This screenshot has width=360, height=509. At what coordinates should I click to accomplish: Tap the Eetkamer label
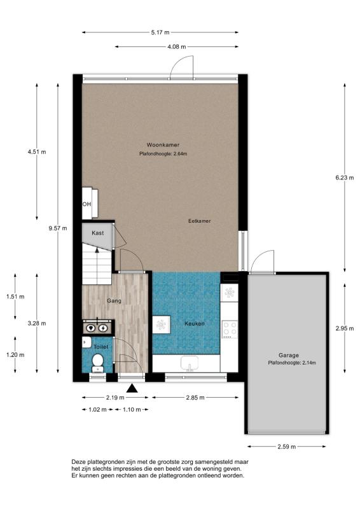coord(199,221)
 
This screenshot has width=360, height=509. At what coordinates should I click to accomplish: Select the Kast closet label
coord(97,234)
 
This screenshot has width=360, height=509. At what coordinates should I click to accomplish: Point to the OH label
coord(86,204)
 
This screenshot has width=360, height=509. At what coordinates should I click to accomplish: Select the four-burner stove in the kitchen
coord(229,328)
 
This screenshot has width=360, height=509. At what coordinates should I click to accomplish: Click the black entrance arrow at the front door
coord(132,388)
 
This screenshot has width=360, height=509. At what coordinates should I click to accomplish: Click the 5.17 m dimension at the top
coord(160,32)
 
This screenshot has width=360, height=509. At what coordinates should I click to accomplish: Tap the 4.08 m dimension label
coord(177,46)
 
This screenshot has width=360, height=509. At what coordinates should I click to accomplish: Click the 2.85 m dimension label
coord(195,398)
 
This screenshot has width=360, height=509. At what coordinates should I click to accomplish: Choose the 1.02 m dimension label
coord(93,409)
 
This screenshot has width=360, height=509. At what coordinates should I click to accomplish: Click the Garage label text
coord(288,355)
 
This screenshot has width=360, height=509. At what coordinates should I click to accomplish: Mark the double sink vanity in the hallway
coord(97,328)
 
